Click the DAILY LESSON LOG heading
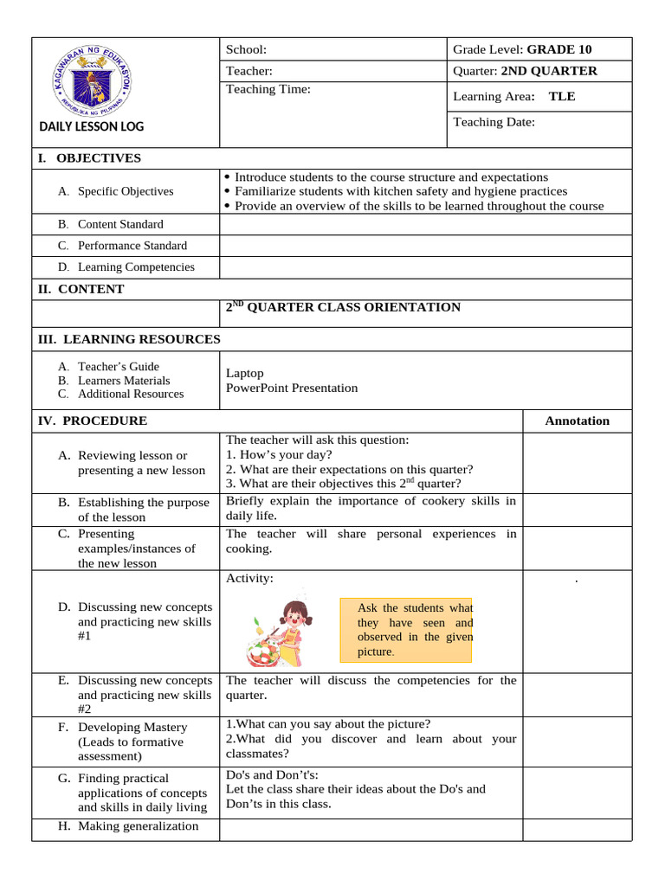[x=92, y=126]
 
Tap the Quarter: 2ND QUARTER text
[x=525, y=71]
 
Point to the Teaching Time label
[x=268, y=88]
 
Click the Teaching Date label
[x=494, y=122]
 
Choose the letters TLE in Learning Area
[x=562, y=96]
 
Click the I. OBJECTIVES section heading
[x=88, y=157]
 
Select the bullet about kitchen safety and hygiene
[x=401, y=191]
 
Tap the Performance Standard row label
[x=132, y=246]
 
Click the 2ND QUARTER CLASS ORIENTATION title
[x=343, y=307]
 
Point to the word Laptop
[x=245, y=373]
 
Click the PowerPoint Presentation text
[x=292, y=388]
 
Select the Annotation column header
[x=577, y=421]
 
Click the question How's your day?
[x=279, y=454]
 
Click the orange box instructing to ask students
[x=407, y=629]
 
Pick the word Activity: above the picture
[x=249, y=578]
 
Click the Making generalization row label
[x=138, y=825]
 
